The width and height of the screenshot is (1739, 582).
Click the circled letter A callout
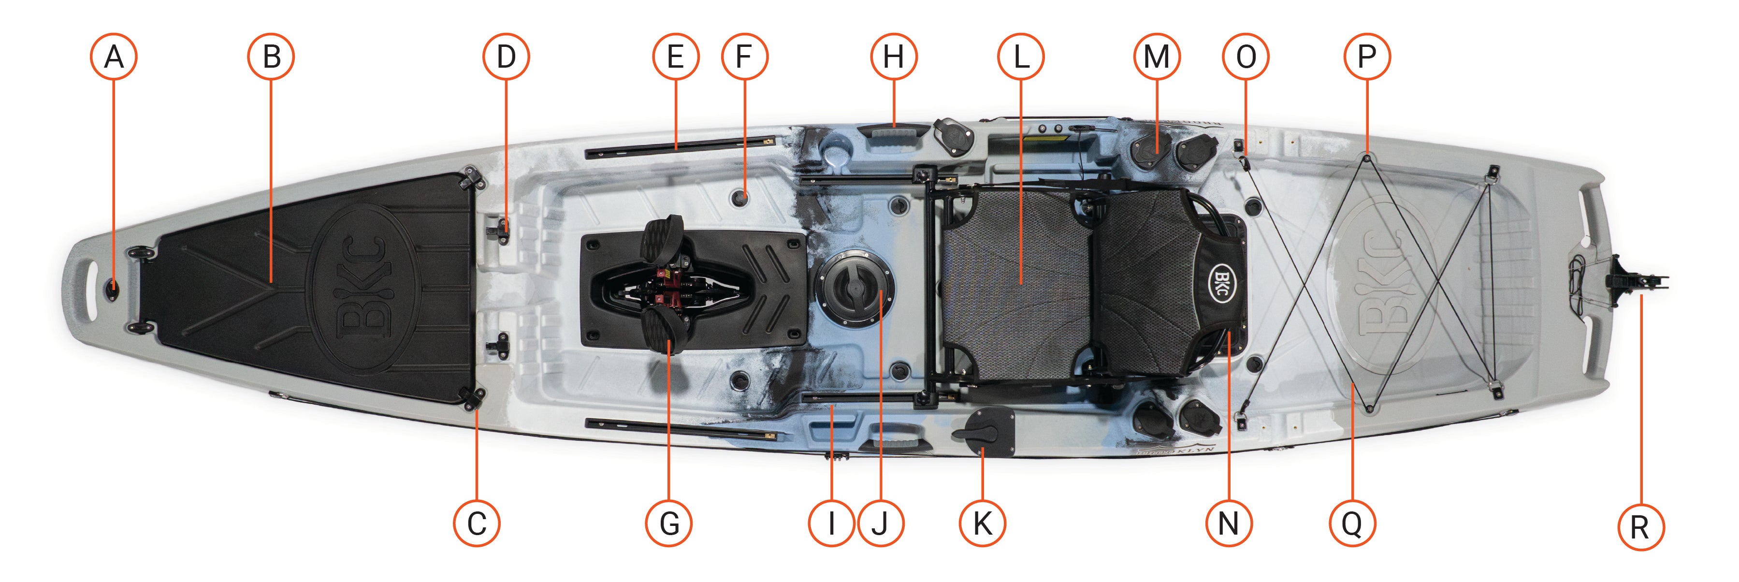114,57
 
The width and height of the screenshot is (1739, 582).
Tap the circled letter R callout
1640,527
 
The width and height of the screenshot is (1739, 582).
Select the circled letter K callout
982,523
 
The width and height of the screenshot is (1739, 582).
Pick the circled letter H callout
893,57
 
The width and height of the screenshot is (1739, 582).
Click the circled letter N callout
1229,523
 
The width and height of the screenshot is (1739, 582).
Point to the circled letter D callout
506,57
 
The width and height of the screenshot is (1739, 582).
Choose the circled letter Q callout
1351,523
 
